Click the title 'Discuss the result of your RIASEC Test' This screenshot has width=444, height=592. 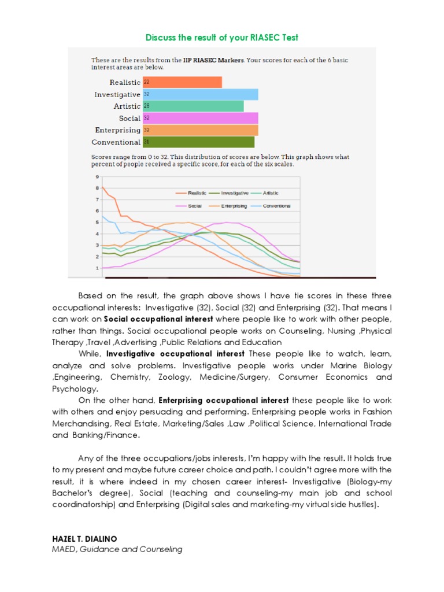[x=222, y=38]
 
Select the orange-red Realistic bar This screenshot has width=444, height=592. [x=182, y=82]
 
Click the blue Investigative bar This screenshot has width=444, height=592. [x=200, y=94]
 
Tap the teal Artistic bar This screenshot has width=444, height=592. [x=193, y=106]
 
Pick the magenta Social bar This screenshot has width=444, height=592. [x=200, y=118]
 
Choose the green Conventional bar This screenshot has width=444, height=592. [x=198, y=142]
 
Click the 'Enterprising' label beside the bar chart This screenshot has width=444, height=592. [x=117, y=130]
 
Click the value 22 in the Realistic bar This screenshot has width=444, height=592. [x=146, y=82]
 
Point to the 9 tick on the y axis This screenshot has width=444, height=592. [x=98, y=176]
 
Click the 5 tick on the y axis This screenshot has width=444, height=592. [x=98, y=222]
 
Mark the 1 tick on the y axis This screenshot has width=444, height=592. [x=98, y=268]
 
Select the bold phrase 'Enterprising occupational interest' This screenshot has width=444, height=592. [x=224, y=400]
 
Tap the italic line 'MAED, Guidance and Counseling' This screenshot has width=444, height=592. [x=117, y=549]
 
